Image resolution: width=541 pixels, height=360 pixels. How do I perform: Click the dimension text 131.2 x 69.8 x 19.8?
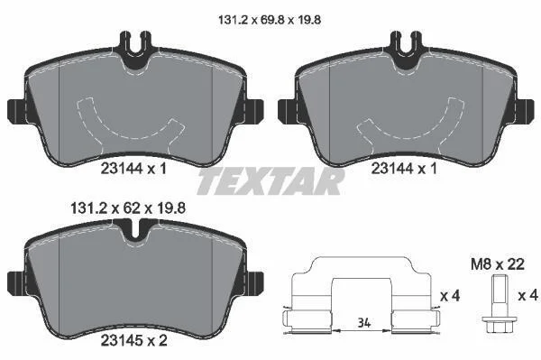pyautogui.click(x=270, y=20)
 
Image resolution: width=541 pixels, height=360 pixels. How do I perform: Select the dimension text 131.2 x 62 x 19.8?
pyautogui.click(x=128, y=208)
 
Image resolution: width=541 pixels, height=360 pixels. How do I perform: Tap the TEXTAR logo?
pyautogui.click(x=270, y=180)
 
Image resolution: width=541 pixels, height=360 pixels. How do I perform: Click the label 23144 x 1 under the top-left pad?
pyautogui.click(x=133, y=169)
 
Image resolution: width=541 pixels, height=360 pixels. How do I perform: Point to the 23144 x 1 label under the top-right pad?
pyautogui.click(x=404, y=169)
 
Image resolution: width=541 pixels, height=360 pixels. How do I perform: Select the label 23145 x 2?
pyautogui.click(x=133, y=341)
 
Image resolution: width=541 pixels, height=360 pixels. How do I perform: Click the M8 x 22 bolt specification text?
pyautogui.click(x=498, y=264)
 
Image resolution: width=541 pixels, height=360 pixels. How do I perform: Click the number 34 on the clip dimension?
pyautogui.click(x=364, y=323)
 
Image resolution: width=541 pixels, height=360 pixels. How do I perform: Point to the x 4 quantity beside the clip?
pyautogui.click(x=450, y=296)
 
